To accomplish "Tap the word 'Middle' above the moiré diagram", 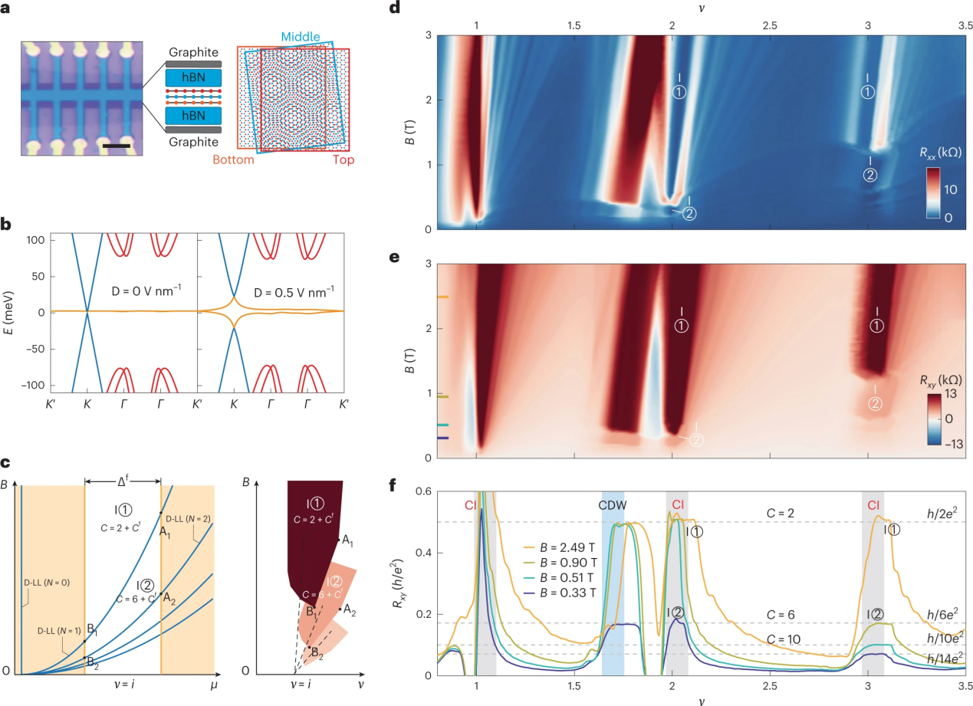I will (299, 37).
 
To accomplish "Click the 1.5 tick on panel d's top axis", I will (574, 25).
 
